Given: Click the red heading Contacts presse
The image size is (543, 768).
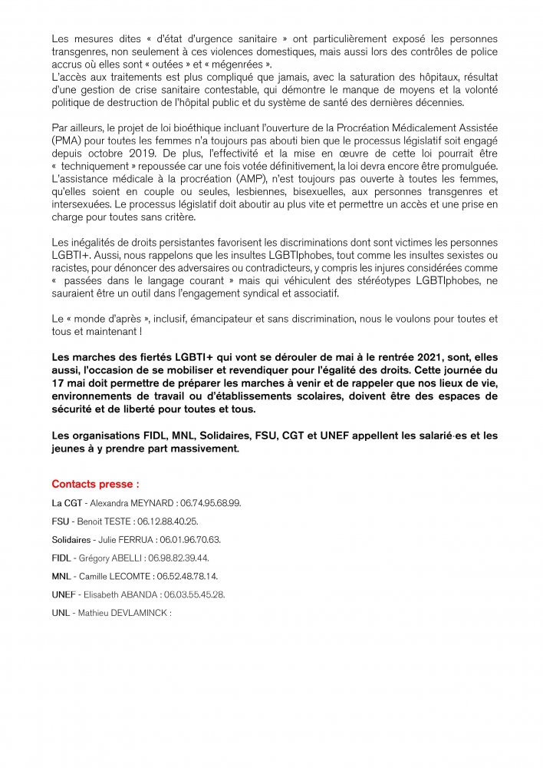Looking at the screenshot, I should [x=95, y=485].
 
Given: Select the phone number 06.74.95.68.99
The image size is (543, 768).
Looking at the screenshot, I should [x=209, y=503].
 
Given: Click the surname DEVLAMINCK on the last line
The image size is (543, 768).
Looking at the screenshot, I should [x=143, y=613].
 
